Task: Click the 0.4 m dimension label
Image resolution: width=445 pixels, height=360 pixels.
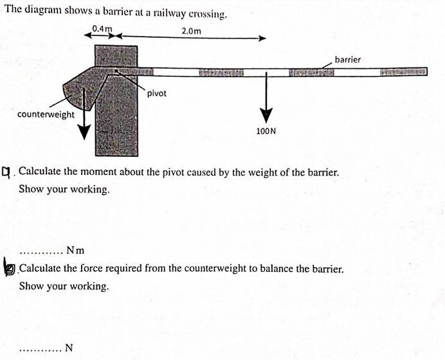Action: [102, 29]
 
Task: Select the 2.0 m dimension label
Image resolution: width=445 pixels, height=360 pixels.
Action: [191, 31]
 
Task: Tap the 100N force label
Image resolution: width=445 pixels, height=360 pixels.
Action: [266, 130]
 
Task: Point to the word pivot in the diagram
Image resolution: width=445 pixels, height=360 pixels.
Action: [156, 93]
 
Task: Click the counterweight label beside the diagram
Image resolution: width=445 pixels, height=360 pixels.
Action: [46, 114]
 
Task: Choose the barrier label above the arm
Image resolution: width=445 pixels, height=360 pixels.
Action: [348, 59]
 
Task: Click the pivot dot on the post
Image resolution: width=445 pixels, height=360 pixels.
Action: [116, 71]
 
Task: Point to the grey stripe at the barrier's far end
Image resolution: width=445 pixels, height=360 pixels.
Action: [403, 71]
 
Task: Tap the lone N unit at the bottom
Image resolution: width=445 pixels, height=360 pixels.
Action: [69, 348]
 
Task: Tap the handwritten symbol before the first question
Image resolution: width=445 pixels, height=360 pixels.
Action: [7, 172]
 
